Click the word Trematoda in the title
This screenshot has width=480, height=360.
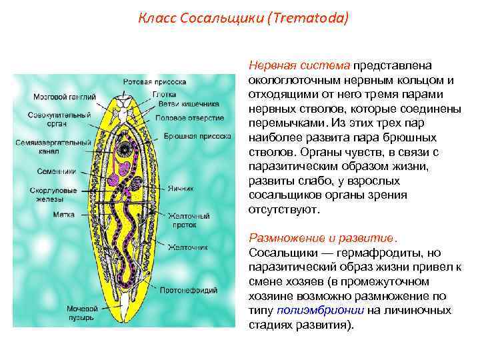pyautogui.click(x=311, y=18)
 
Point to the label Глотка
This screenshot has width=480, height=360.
pyautogui.click(x=164, y=94)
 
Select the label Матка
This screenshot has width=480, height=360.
pyautogui.click(x=64, y=215)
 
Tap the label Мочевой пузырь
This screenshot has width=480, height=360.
pyautogui.click(x=82, y=313)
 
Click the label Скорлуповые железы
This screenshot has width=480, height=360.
pyautogui.click(x=56, y=194)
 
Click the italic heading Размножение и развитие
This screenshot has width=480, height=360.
pyautogui.click(x=323, y=237)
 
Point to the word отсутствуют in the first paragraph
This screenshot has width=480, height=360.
pyautogui.click(x=284, y=209)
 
